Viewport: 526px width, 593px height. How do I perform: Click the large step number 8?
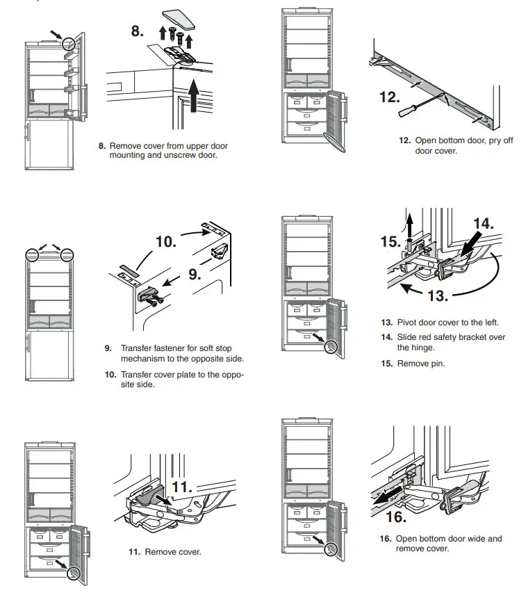pyautogui.click(x=140, y=31)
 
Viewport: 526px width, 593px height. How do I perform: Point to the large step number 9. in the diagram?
pyautogui.click(x=194, y=274)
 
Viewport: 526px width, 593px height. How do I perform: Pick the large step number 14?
pyautogui.click(x=483, y=223)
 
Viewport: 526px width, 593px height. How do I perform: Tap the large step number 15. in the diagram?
pyautogui.click(x=391, y=242)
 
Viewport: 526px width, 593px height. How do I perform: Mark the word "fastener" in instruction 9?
pyautogui.click(x=165, y=348)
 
